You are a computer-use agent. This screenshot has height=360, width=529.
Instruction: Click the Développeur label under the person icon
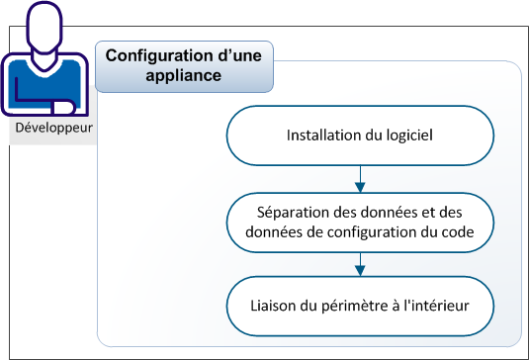coord(48,130)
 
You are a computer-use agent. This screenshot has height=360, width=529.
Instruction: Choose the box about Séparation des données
coord(360,223)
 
